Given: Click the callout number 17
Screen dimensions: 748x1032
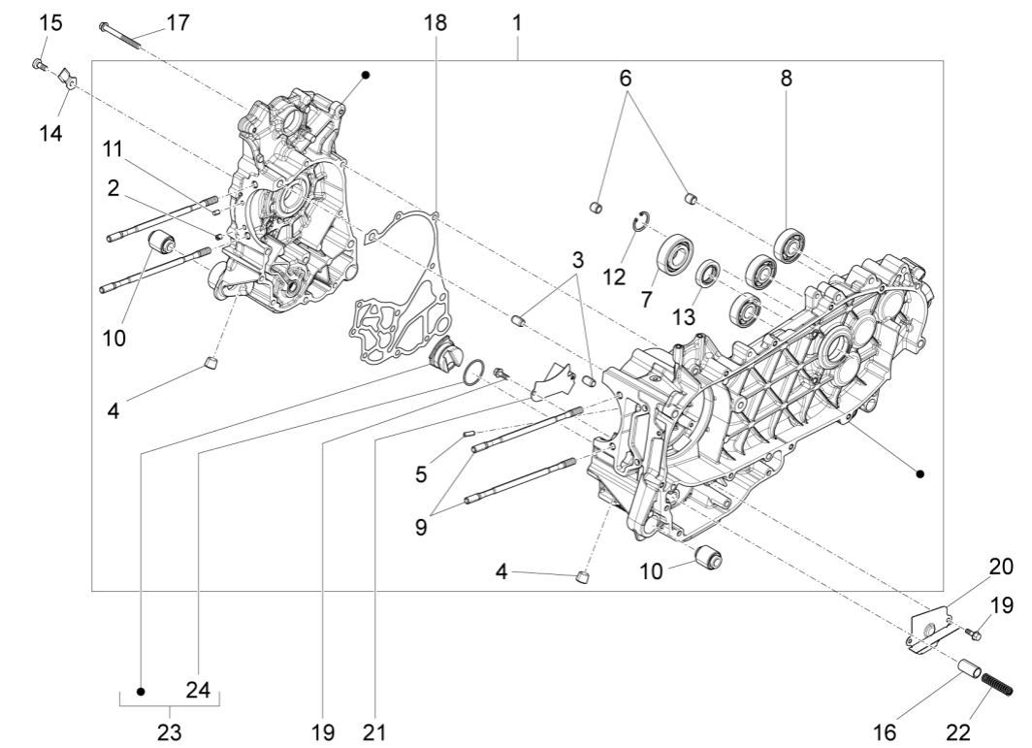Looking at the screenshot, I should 177,22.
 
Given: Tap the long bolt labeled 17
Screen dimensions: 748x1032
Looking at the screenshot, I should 121,35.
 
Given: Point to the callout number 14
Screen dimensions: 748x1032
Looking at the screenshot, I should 50,133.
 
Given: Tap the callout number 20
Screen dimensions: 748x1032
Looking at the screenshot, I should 1000,567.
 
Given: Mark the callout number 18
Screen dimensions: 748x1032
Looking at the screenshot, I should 435,22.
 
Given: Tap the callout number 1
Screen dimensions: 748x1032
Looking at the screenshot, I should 517,22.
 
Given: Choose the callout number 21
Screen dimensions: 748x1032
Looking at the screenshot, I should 370,729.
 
